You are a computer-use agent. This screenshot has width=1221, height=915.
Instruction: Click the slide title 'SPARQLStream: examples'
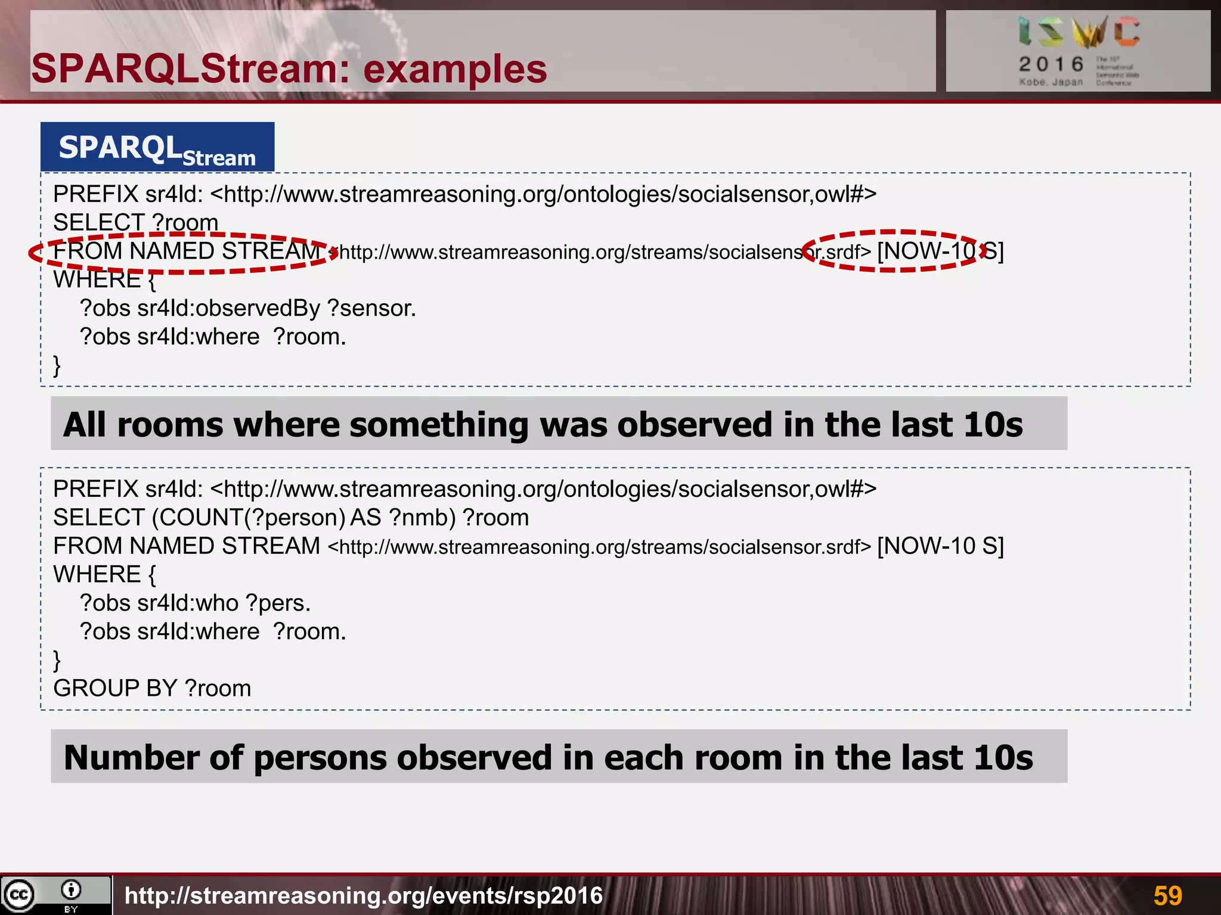(x=289, y=69)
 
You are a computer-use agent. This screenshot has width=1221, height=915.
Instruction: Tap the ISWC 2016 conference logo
(x=1078, y=51)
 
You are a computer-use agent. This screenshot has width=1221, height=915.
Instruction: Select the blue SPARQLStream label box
(x=157, y=147)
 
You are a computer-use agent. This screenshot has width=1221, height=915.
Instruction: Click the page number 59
(x=1167, y=895)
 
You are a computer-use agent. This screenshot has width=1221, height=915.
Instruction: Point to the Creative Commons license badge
(x=55, y=895)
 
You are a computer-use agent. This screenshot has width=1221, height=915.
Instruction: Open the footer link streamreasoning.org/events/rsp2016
(x=364, y=895)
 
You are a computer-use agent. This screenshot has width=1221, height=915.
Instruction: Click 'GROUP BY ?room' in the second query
(x=152, y=689)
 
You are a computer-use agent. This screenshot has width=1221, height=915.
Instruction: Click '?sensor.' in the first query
(x=371, y=309)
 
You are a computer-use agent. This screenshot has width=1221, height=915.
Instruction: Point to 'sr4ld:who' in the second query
(x=188, y=603)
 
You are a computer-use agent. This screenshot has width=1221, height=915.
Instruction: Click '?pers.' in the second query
(x=278, y=603)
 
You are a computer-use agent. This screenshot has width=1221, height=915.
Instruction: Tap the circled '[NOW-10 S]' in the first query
(x=940, y=251)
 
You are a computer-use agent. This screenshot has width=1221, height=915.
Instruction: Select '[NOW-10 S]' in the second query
(x=940, y=546)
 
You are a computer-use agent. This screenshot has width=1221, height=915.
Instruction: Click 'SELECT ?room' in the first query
(x=135, y=223)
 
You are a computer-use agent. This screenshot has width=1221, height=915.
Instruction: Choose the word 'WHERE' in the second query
(x=97, y=575)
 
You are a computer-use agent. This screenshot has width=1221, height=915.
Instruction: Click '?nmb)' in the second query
(x=422, y=518)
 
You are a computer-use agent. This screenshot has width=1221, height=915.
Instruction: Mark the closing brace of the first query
(x=57, y=365)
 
